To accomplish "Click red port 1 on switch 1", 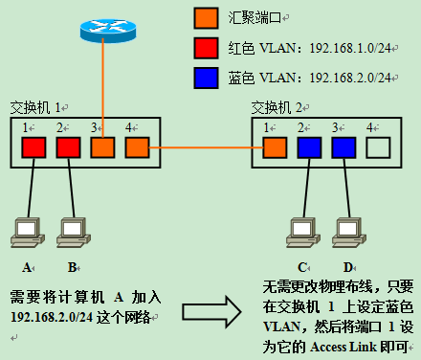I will pyautogui.click(x=33, y=148).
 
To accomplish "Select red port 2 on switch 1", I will pyautogui.click(x=68, y=148).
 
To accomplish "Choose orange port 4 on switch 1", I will pyautogui.click(x=137, y=148).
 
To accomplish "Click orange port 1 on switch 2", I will pyautogui.click(x=275, y=148).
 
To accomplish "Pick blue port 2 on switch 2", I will pyautogui.click(x=309, y=148).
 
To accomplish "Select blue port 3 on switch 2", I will pyautogui.click(x=343, y=148).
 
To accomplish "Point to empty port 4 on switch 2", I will pyautogui.click(x=379, y=148).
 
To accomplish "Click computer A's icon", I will pyautogui.click(x=26, y=230).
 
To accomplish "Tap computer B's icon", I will pyautogui.click(x=72, y=230).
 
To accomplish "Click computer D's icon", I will pyautogui.click(x=347, y=230).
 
